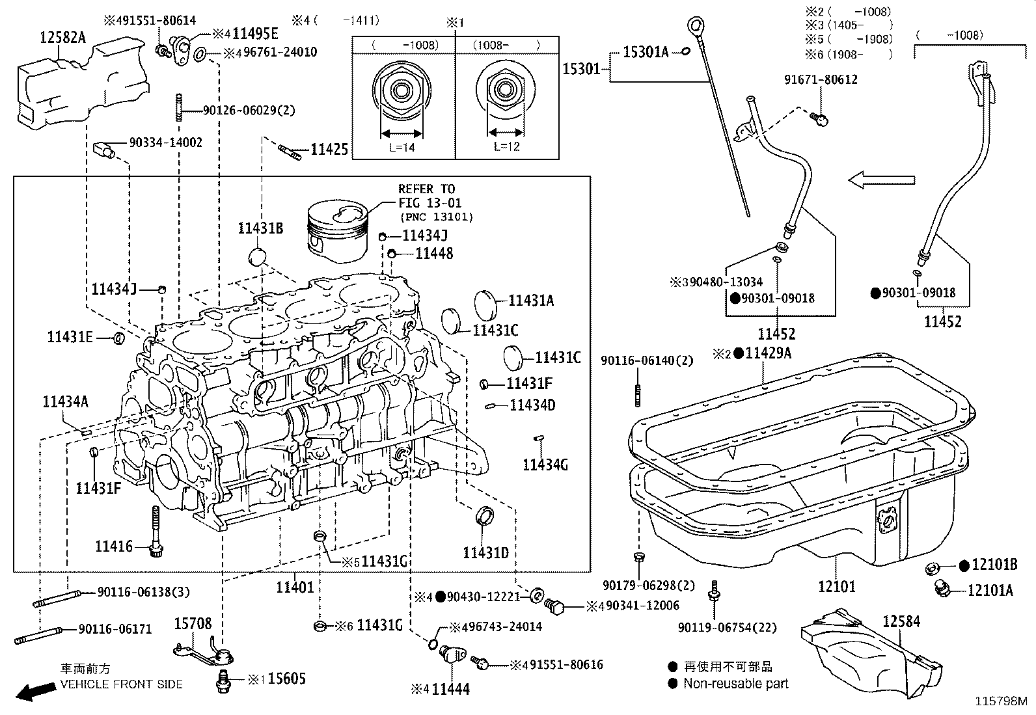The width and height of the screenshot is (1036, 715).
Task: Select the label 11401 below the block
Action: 295,587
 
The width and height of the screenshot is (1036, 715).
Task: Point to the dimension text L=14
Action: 402,147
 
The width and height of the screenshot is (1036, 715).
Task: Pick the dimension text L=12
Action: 506,147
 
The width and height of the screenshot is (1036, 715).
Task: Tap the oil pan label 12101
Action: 836,587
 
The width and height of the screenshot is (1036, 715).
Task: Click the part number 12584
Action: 901,621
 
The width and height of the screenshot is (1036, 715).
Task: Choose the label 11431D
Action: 485,553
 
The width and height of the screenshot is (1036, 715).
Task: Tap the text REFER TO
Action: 426,189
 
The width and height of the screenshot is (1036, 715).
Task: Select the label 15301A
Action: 646,52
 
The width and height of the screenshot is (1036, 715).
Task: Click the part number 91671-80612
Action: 821,79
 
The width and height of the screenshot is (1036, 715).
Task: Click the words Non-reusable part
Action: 735,684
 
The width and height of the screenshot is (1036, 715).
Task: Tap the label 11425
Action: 329,150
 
